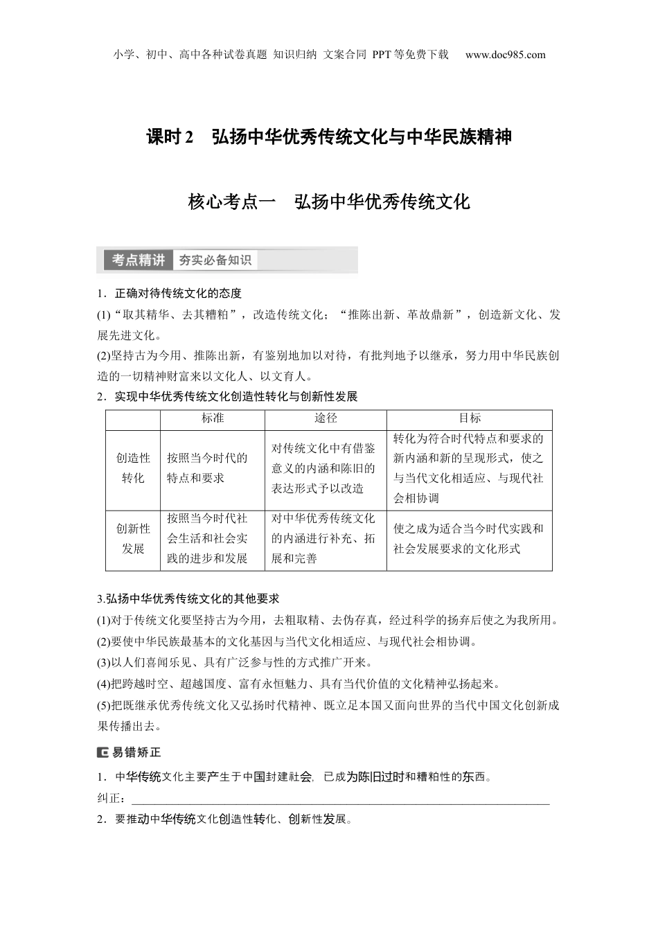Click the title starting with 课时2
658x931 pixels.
(329, 137)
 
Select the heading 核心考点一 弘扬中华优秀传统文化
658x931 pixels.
(329, 202)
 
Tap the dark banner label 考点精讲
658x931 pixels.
(139, 260)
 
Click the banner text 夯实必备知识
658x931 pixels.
(215, 260)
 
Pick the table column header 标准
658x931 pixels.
(213, 418)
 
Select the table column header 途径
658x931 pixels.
(326, 418)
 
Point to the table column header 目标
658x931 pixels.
(470, 418)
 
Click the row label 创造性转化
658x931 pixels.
(133, 468)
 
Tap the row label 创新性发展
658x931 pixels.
(133, 539)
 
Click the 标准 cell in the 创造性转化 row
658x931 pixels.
(207, 468)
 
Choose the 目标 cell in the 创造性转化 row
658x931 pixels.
(469, 468)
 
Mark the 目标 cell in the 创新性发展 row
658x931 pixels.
(469, 538)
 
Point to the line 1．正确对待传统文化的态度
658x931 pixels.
(169, 293)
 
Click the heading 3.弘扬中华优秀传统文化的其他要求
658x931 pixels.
(188, 598)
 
